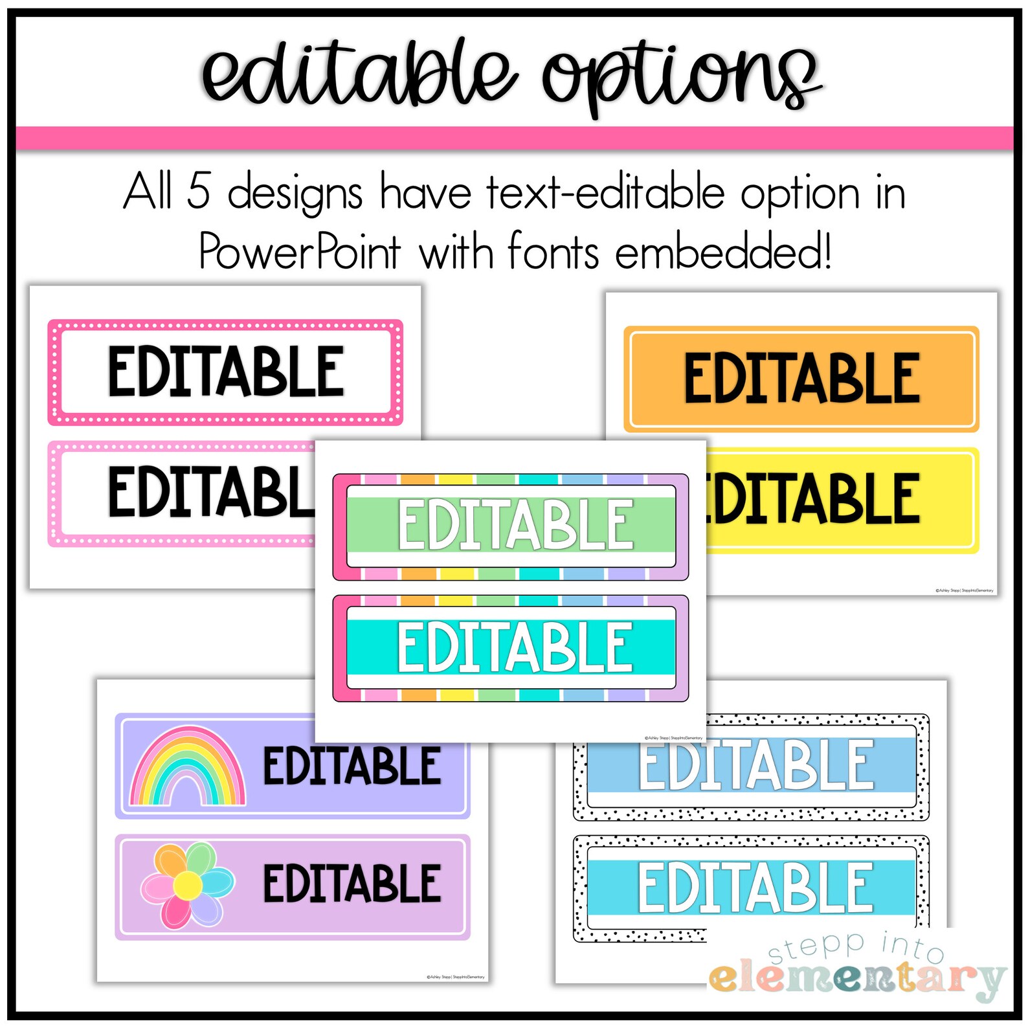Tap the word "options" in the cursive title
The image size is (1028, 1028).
pos(680,78)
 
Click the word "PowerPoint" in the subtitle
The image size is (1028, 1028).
pos(299,251)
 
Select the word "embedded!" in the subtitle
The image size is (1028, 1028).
pos(723,251)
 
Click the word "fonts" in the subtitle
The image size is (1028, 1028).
pos(553,251)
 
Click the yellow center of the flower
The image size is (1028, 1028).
pos(188,884)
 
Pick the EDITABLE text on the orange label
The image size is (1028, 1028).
pos(802,378)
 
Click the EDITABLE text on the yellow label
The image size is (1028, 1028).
pos(812,498)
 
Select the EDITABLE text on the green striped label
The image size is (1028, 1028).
pos(515,524)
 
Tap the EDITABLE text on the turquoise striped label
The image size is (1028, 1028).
pos(515,647)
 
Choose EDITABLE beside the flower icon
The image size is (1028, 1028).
pos(352,883)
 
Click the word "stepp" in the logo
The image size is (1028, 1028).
pos(816,948)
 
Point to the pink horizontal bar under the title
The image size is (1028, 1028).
pos(514,138)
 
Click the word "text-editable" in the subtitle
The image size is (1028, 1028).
pos(605,192)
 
